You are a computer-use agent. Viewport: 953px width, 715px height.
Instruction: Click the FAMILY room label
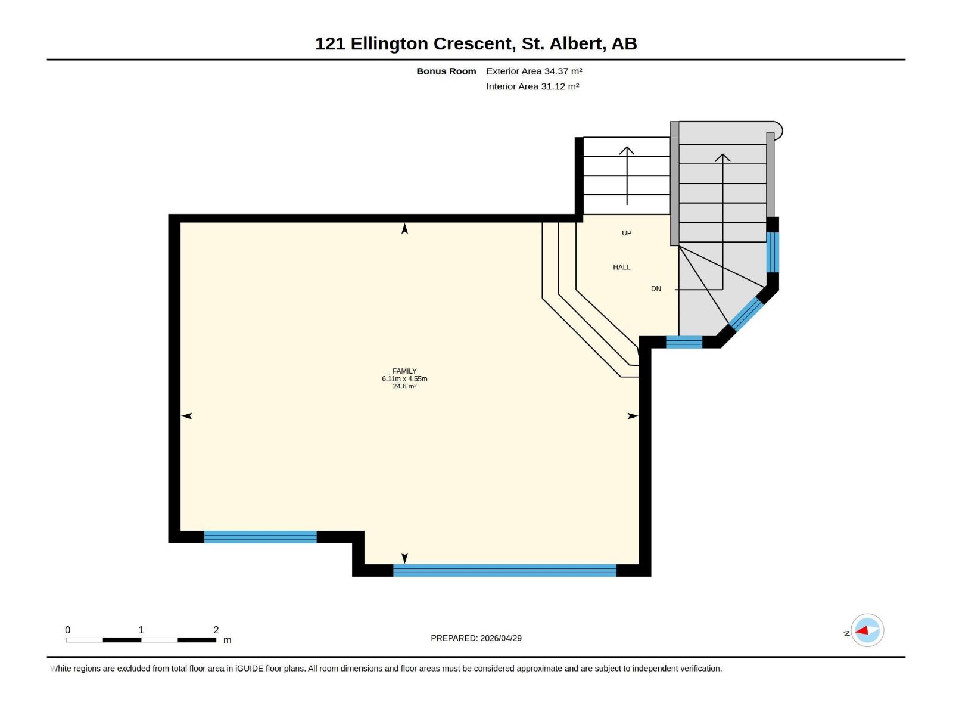(404, 371)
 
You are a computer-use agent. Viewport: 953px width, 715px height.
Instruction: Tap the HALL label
(621, 267)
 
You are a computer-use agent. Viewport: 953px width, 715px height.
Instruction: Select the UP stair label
(627, 233)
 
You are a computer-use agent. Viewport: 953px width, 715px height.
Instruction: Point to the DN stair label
(656, 288)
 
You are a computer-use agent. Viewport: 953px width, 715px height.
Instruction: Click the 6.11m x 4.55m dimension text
(404, 378)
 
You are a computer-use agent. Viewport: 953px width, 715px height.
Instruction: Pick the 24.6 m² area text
(404, 386)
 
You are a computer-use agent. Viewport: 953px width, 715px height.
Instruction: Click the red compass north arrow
(862, 630)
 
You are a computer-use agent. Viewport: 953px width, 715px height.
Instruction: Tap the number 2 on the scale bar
(216, 630)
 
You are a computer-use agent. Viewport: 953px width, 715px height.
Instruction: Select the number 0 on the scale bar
(68, 630)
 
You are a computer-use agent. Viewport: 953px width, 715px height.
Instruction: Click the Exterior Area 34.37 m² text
(534, 71)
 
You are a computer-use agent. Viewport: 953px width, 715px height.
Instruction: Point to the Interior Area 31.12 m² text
(532, 86)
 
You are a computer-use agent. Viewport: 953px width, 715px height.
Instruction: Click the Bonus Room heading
(446, 71)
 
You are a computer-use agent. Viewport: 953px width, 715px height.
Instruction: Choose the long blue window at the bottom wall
(504, 570)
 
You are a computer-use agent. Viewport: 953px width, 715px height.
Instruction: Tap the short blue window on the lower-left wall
(260, 537)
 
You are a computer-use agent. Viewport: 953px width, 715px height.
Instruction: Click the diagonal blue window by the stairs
(746, 314)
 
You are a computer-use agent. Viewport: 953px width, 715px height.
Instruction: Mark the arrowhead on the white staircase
(627, 150)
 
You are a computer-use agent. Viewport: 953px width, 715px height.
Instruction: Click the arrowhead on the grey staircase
(722, 157)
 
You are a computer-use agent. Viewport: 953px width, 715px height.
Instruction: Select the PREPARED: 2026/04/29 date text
(476, 638)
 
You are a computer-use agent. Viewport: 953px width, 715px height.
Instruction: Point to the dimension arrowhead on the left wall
(186, 416)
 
